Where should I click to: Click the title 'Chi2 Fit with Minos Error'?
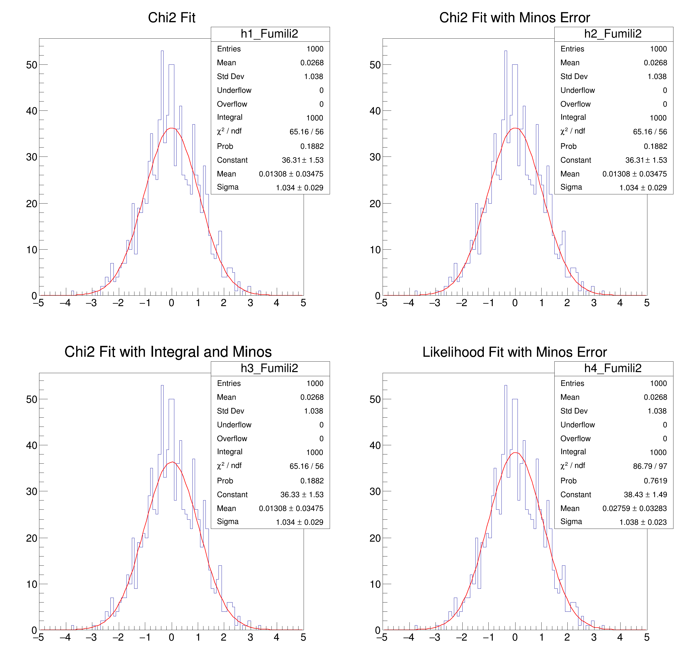coord(514,18)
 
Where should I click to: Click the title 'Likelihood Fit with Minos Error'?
coord(514,352)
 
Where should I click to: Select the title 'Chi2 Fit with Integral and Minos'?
coord(168,352)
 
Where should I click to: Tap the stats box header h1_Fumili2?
coord(269,34)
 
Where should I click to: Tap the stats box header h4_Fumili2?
coord(613,368)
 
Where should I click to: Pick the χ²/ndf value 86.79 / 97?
coord(650,466)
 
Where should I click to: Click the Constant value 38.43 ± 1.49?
coord(645,495)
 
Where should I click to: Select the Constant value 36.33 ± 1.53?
coord(302,495)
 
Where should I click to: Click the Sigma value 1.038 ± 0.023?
coord(643,522)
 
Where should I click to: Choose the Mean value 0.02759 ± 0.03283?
coord(634,508)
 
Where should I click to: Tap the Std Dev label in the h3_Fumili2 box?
coord(230,411)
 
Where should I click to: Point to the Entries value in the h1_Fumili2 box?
coord(315,49)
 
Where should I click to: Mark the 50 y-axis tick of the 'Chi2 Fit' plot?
coord(32,65)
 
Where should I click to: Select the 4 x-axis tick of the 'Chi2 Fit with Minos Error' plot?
coord(620,303)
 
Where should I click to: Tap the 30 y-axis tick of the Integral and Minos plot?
coord(32,492)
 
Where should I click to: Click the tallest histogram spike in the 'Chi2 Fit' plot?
coord(162,51)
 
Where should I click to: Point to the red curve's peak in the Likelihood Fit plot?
coord(515,453)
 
